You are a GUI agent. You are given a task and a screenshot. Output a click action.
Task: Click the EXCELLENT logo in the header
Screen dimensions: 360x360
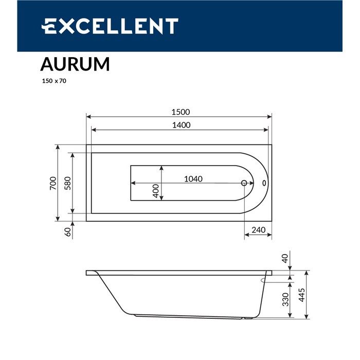click(x=110, y=26)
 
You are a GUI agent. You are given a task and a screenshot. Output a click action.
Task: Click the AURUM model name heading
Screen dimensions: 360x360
click(x=75, y=64)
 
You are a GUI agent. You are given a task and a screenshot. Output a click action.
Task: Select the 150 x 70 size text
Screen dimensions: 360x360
click(x=53, y=80)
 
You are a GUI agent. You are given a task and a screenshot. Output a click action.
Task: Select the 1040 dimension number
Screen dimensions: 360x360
click(x=193, y=179)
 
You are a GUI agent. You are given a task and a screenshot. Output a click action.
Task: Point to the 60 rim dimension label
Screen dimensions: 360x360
click(x=67, y=232)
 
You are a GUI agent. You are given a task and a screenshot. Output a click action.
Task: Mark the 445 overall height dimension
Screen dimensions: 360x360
click(x=302, y=295)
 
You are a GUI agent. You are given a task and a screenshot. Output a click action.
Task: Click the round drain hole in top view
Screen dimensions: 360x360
click(x=244, y=183)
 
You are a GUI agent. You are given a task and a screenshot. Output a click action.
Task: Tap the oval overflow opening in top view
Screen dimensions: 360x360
click(x=264, y=183)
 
